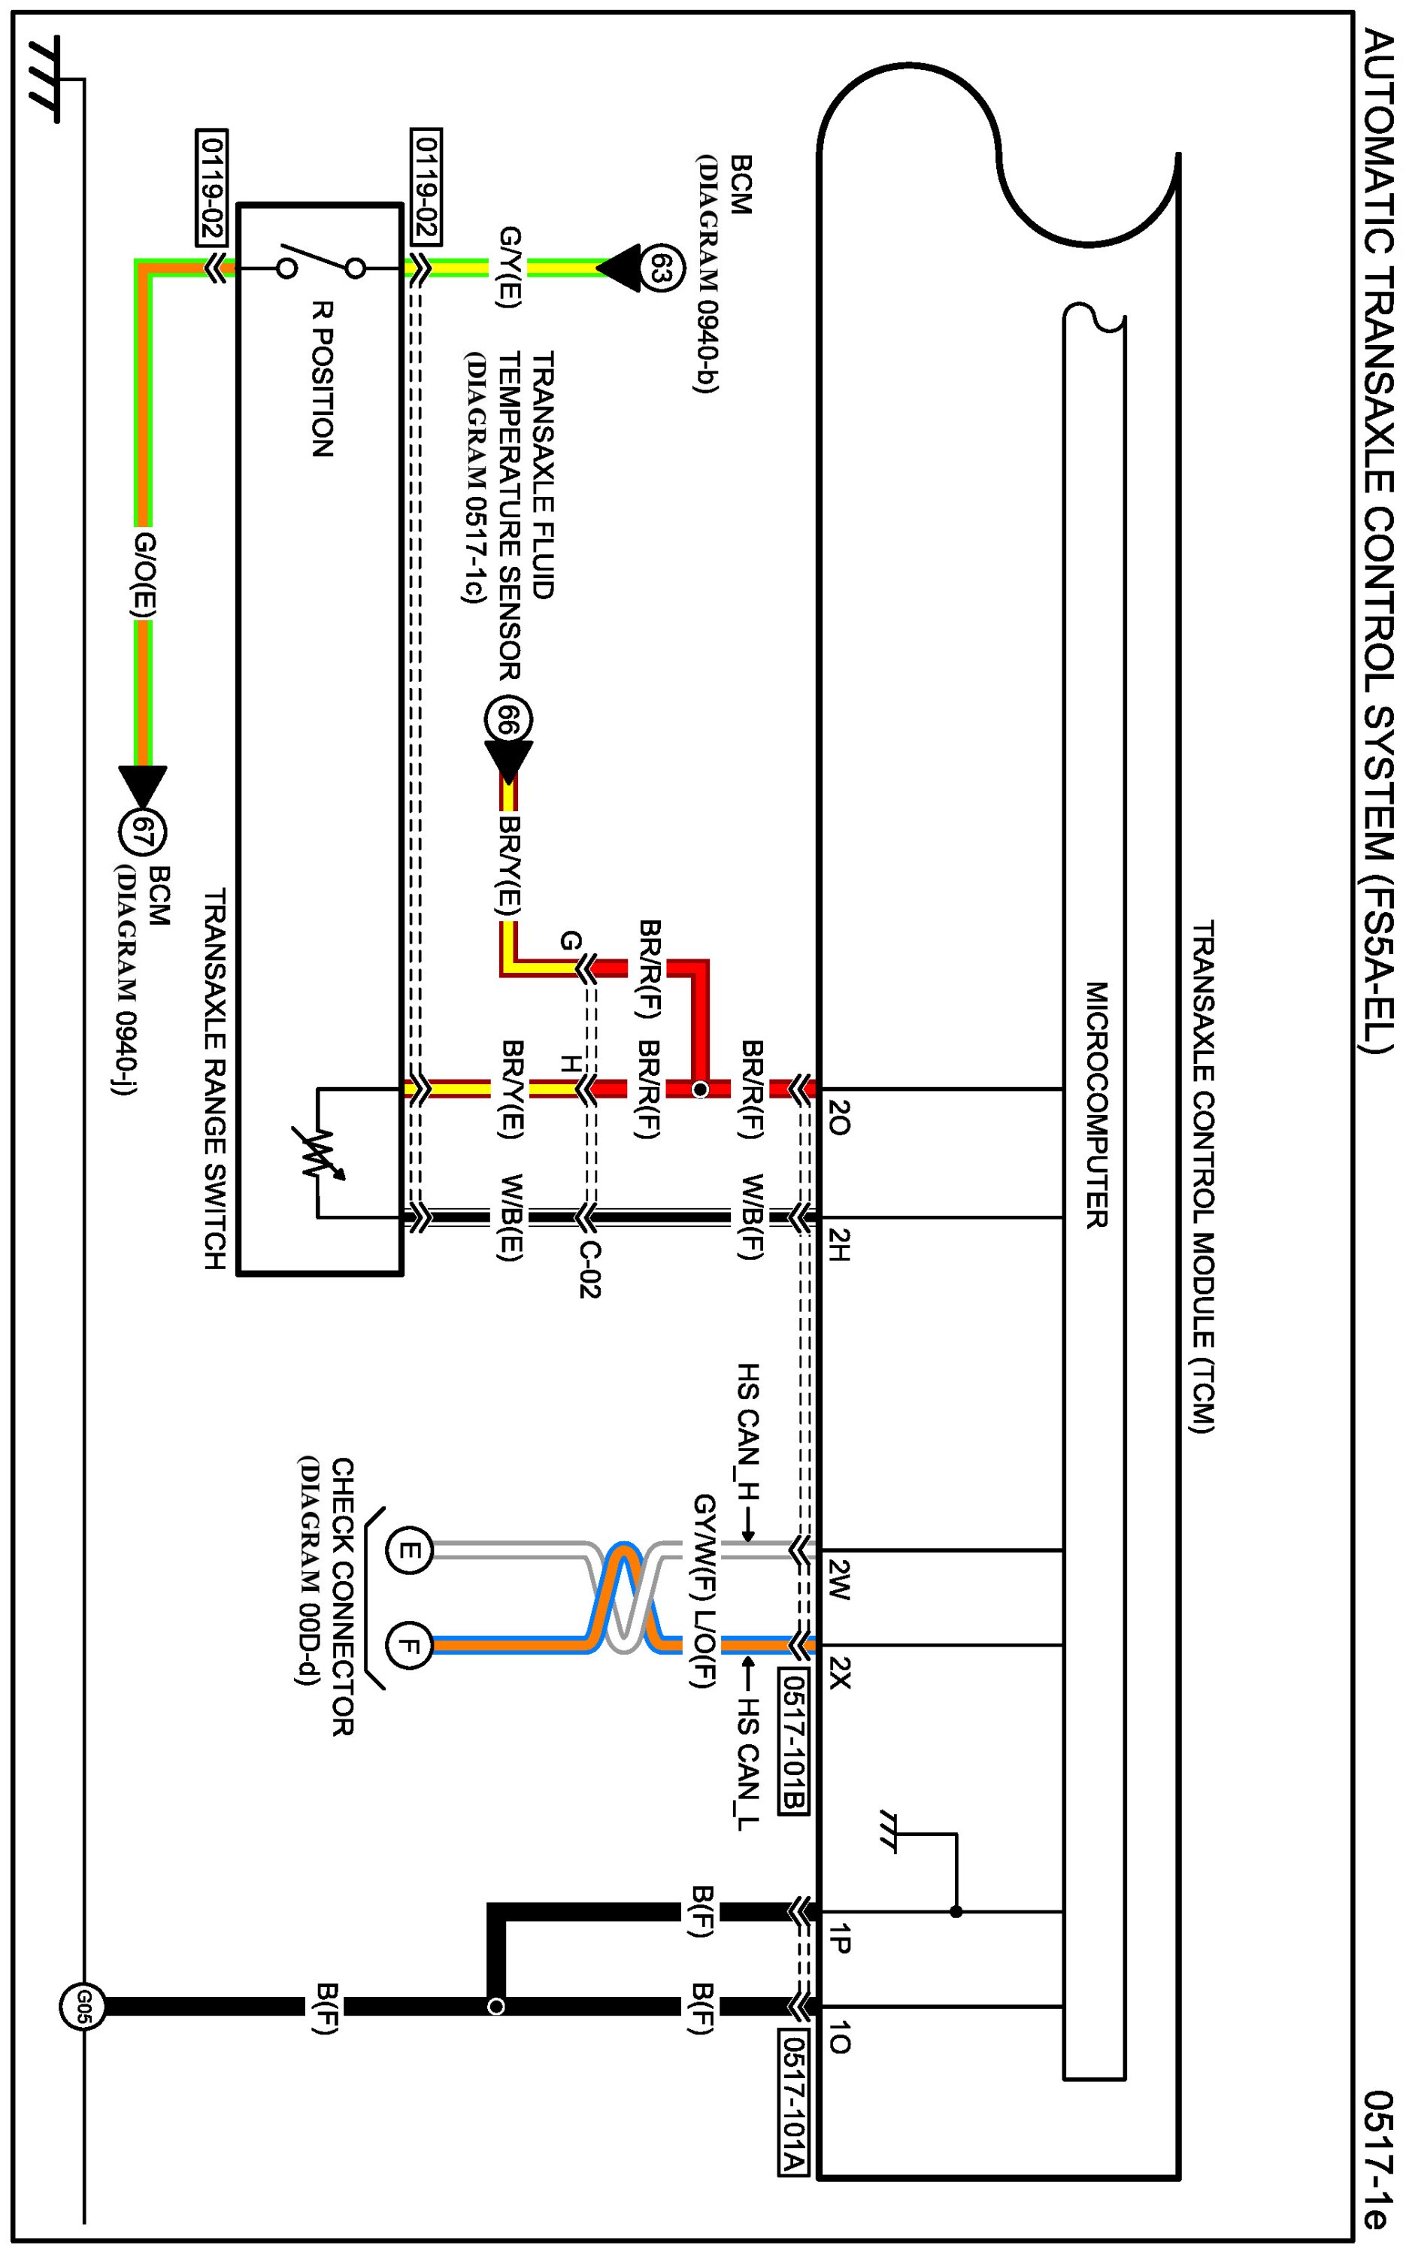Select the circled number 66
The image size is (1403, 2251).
(508, 720)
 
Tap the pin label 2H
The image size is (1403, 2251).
(838, 1244)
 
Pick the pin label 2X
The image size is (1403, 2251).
(838, 1673)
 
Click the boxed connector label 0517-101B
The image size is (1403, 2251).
(794, 1741)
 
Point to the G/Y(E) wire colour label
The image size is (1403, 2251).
(510, 266)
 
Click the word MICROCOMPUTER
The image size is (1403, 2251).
(1097, 1105)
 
